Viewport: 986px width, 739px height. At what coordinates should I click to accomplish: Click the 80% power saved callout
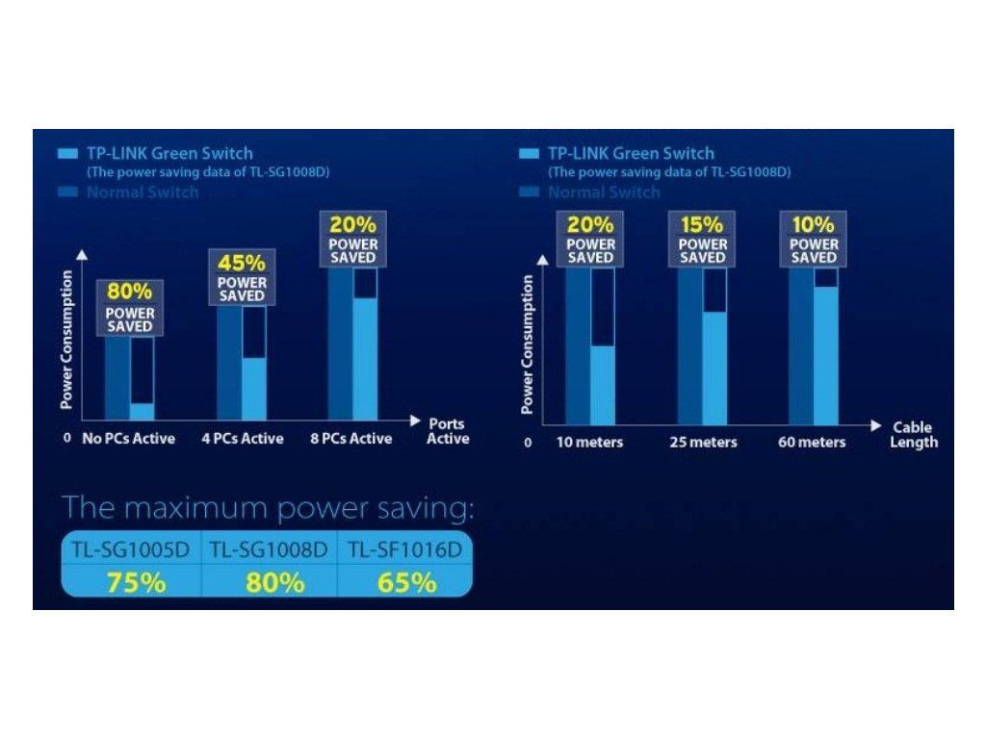tap(129, 308)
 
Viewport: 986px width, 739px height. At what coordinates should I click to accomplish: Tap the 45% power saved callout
tap(242, 277)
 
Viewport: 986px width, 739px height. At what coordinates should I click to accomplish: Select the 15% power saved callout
tap(702, 239)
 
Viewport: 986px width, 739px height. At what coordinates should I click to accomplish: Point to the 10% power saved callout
tap(814, 239)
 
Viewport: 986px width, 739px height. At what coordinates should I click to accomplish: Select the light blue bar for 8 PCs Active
tap(365, 358)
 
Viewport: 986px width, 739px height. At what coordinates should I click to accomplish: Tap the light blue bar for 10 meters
tap(602, 384)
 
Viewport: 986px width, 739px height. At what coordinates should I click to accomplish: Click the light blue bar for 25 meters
tap(714, 368)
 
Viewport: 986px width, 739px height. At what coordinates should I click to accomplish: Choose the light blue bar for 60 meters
tap(825, 354)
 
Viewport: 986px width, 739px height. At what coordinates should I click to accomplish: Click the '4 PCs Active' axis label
tap(243, 439)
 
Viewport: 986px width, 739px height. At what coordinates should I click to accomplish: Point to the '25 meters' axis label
tap(703, 443)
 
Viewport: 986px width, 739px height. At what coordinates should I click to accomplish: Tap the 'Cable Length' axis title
tap(913, 435)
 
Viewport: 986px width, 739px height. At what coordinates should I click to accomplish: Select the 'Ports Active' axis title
tap(448, 431)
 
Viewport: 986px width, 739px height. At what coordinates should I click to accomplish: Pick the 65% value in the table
tap(404, 582)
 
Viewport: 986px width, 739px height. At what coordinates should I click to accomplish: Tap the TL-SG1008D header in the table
tap(270, 550)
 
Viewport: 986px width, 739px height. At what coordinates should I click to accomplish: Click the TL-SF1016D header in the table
tap(404, 550)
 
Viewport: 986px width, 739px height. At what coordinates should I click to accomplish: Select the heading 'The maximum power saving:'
tap(268, 508)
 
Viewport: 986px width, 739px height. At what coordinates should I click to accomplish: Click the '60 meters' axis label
tap(813, 443)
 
